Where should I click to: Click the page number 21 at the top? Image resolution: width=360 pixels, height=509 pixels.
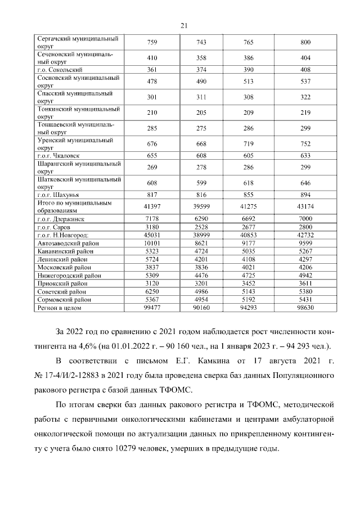pyautogui.click(x=183, y=25)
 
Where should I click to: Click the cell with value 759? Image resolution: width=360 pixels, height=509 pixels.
pyautogui.click(x=152, y=43)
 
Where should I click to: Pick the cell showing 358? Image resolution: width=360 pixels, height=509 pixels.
pyautogui.click(x=201, y=58)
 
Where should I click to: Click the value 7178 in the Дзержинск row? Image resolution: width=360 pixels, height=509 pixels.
pyautogui.click(x=152, y=218)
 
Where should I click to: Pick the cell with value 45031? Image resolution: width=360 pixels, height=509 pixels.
pyautogui.click(x=152, y=235)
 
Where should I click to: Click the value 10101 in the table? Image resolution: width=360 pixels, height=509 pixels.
pyautogui.click(x=152, y=243)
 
